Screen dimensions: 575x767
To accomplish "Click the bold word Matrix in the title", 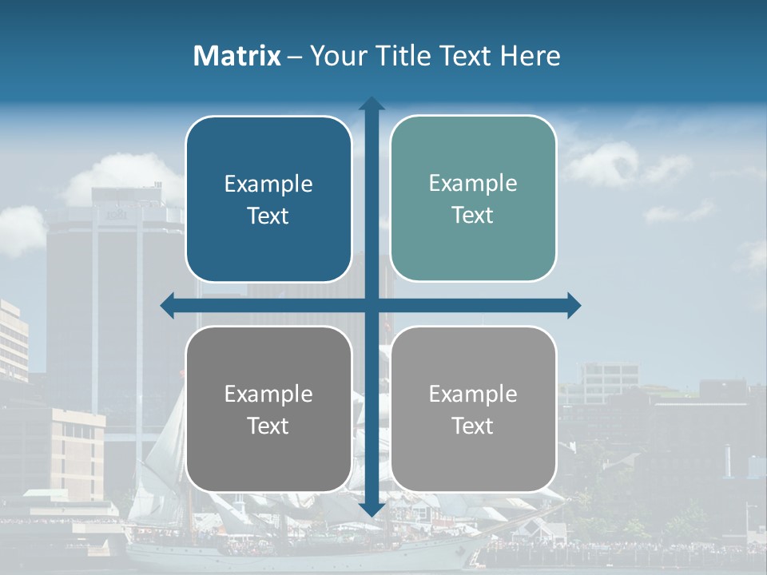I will point(237,56).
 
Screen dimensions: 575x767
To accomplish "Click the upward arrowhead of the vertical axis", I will point(372,104).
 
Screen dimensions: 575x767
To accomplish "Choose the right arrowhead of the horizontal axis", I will point(574,306).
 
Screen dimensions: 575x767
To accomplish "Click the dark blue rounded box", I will point(268,199).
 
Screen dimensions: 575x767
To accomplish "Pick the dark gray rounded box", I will point(268,409).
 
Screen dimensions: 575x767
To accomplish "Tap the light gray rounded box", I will point(473,409).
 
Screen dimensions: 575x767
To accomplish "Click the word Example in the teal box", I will point(473,183).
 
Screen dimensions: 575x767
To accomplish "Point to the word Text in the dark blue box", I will point(268,216).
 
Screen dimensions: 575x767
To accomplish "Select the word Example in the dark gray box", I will point(268,394).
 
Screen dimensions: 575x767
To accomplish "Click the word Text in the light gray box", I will point(473,426).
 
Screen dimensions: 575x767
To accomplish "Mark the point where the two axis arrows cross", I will point(372,306).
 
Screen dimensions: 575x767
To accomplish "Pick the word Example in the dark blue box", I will point(268,184).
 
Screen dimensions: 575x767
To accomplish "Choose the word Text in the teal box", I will point(473,215).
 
